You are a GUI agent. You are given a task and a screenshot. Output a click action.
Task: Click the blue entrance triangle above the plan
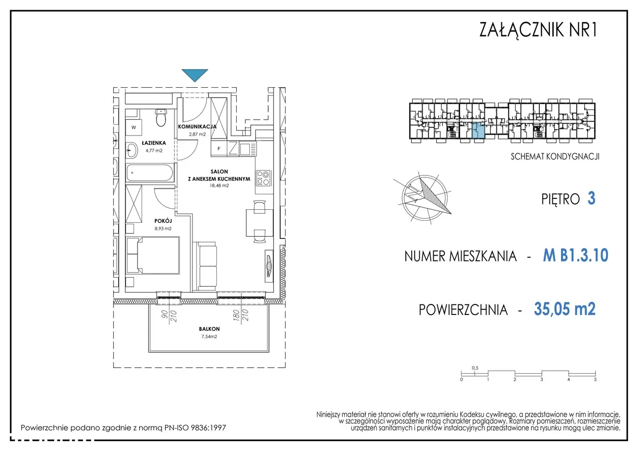click(195, 74)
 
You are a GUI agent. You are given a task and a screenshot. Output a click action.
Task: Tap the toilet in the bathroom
click(161, 118)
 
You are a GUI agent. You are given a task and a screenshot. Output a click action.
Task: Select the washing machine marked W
click(134, 127)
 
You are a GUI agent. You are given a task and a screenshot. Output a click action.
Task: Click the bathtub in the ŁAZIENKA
click(150, 172)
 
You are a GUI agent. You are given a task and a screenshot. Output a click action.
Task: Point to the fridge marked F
click(219, 149)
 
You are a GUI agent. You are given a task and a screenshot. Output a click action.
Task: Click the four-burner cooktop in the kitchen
click(263, 178)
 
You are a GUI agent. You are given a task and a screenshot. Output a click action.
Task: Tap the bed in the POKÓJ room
click(153, 256)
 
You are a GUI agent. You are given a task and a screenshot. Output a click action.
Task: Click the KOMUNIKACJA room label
click(197, 127)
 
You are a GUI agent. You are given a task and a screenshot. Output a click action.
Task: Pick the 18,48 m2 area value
click(219, 186)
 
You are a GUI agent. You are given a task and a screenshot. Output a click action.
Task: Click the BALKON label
click(209, 329)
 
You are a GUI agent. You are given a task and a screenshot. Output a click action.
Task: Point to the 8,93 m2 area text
click(163, 228)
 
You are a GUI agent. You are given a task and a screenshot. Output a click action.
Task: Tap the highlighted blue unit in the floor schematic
click(479, 131)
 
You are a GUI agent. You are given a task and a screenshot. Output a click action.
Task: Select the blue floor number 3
click(591, 198)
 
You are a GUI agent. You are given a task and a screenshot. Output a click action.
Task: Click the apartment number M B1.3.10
click(576, 255)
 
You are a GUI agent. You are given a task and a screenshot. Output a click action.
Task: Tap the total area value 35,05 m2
click(565, 309)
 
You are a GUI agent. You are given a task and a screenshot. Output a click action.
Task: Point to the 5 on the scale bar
click(595, 380)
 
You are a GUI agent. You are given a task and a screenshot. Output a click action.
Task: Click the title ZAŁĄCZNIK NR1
click(538, 29)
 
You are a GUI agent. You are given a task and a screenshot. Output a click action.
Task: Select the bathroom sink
click(132, 150)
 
